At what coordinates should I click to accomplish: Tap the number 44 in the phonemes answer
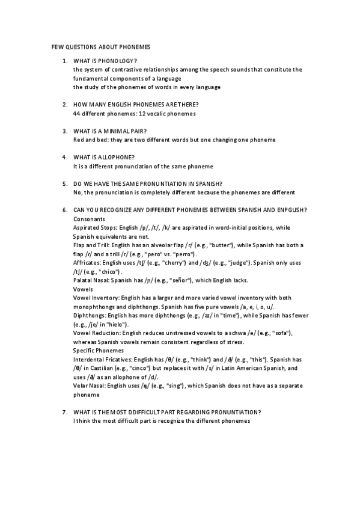(77, 114)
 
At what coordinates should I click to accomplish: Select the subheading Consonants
(89, 219)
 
